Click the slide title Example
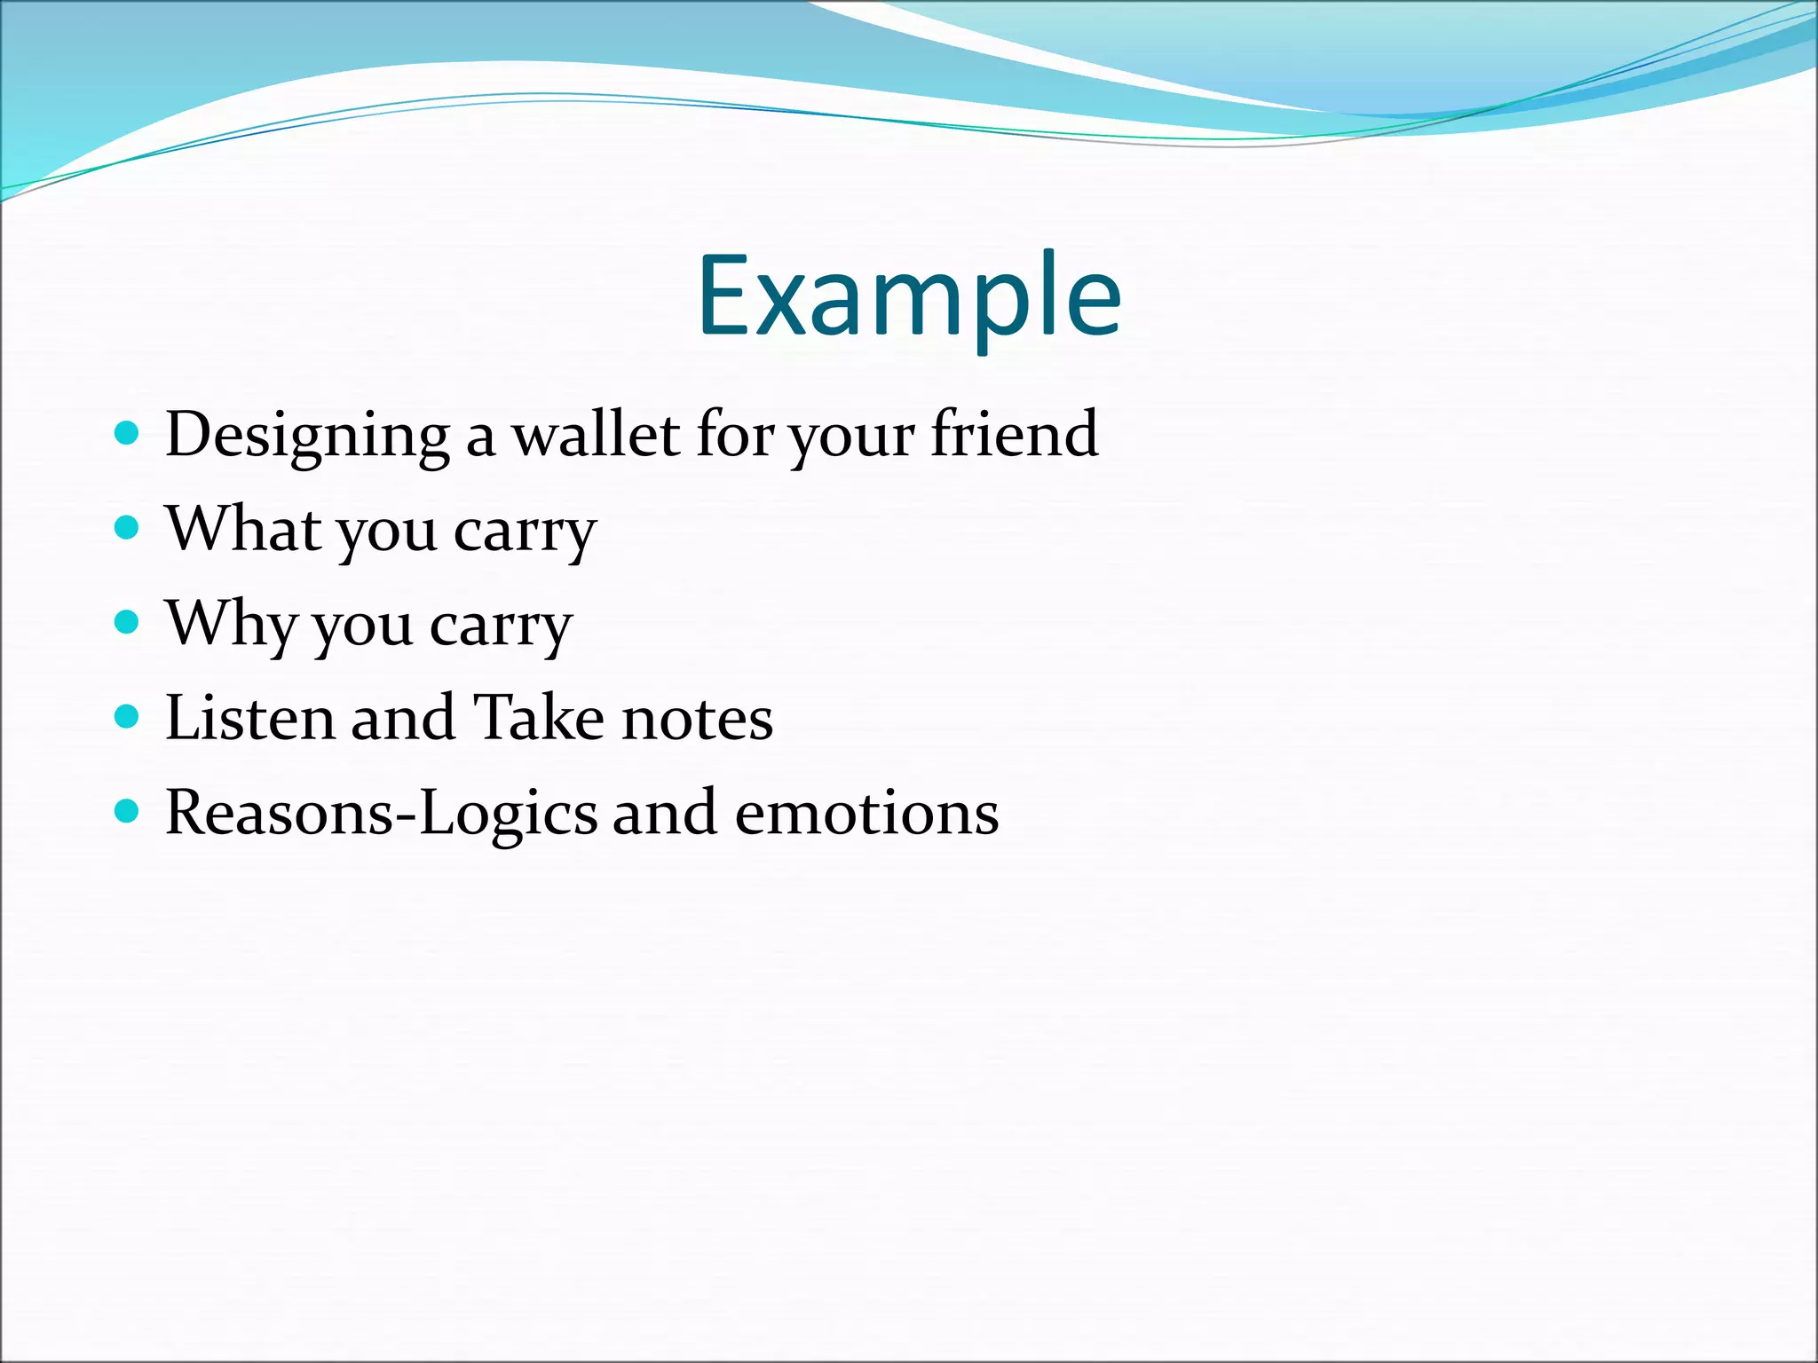[909, 297]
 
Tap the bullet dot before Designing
[128, 433]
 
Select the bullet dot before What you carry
[128, 528]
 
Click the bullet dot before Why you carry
[128, 622]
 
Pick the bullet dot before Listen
[128, 716]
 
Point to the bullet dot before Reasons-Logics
[128, 811]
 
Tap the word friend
[1014, 435]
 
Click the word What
[244, 529]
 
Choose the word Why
[231, 625]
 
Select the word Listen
[250, 718]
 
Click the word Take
[538, 718]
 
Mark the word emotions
[866, 814]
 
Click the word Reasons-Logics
[382, 815]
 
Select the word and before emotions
[664, 814]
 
